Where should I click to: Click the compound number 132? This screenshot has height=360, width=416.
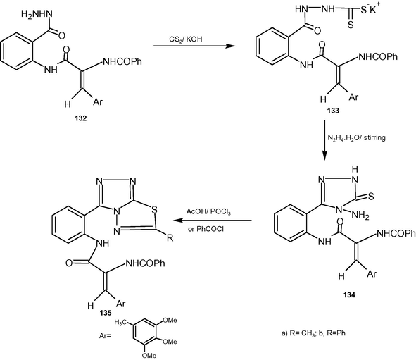81,118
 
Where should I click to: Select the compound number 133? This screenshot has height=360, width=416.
333,111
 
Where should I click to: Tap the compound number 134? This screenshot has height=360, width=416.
349,295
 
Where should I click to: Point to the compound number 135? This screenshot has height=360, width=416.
106,313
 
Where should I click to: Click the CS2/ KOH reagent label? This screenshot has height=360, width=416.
186,39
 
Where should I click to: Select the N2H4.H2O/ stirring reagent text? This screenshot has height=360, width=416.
357,138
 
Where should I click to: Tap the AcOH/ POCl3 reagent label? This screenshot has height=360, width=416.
208,212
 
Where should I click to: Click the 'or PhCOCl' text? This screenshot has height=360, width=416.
206,229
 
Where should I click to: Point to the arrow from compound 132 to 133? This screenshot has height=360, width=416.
194,46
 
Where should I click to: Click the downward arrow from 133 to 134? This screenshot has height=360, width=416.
324,140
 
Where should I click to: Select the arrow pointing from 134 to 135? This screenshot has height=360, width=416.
213,221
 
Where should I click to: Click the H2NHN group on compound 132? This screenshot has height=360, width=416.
37,14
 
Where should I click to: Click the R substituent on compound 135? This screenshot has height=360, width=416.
170,238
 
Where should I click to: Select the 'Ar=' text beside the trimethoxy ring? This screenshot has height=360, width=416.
105,335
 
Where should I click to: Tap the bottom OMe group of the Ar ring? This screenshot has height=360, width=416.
149,355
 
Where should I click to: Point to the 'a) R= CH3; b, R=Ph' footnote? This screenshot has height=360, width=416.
313,333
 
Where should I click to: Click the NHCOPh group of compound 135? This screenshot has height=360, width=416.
145,263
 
